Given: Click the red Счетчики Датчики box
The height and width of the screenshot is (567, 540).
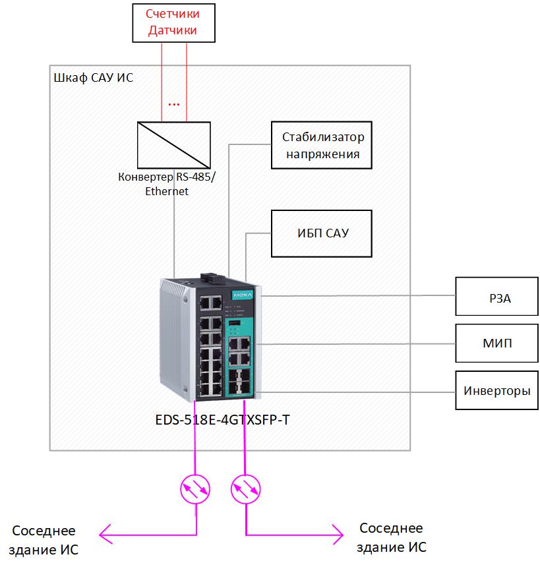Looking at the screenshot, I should [173, 22].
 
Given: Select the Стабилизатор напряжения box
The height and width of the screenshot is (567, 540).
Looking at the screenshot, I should [322, 146].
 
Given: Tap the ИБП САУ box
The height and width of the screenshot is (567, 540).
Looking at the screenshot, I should [322, 234].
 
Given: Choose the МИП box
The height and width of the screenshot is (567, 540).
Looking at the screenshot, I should [496, 343].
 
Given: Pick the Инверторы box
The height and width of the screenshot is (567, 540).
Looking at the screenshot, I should [496, 391].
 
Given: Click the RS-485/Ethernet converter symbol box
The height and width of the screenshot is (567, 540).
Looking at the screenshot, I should [174, 145].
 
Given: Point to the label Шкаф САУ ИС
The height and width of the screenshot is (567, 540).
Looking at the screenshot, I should [92, 78].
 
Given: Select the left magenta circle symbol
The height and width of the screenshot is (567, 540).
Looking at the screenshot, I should [196, 489].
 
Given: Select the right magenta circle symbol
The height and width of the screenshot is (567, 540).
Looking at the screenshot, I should [246, 489].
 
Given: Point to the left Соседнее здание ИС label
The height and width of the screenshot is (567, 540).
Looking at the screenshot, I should [44, 540].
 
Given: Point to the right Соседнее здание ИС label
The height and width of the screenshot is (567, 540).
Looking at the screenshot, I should [392, 537].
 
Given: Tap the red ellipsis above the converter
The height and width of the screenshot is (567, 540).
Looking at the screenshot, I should [174, 104].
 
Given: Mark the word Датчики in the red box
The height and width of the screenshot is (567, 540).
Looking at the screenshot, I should [173, 30].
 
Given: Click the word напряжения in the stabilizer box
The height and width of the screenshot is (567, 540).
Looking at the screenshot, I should [322, 154].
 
